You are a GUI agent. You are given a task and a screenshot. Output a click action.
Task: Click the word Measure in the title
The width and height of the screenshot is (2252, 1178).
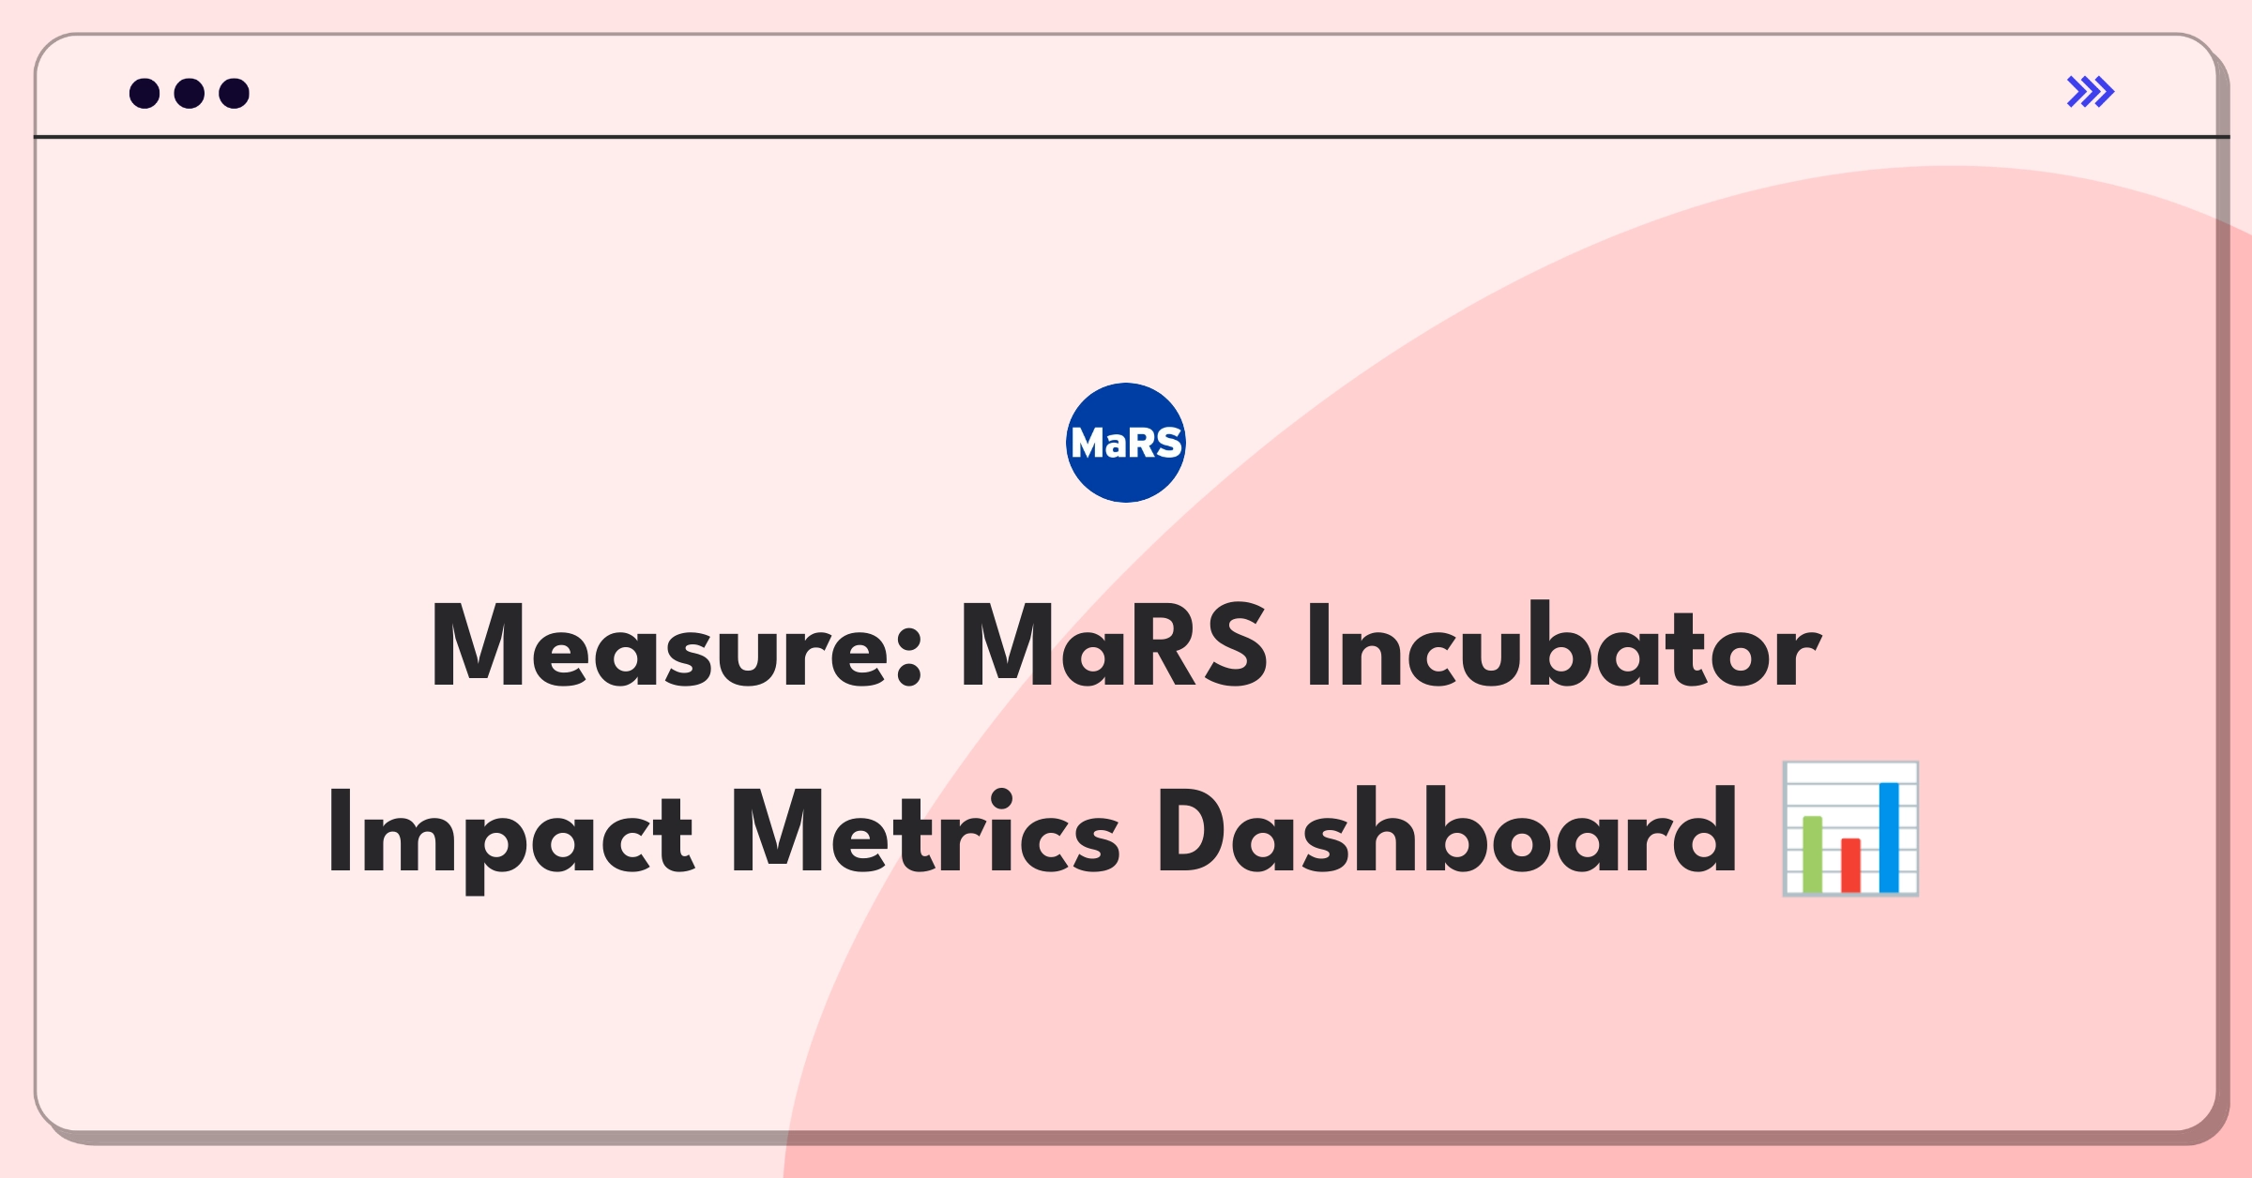click(677, 646)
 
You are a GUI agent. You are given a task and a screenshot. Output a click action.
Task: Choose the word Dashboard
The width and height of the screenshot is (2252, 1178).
click(1448, 831)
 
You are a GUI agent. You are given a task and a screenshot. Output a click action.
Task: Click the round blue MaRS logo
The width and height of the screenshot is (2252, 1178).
click(1126, 443)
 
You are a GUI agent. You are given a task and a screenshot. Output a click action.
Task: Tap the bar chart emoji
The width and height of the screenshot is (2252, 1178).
click(1850, 829)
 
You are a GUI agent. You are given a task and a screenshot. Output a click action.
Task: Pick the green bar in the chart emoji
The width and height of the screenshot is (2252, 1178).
click(1812, 854)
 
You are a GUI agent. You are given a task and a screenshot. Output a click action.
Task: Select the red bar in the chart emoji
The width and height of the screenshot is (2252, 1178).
click(1850, 866)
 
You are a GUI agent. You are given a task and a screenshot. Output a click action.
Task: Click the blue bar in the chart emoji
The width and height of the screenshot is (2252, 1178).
click(1889, 838)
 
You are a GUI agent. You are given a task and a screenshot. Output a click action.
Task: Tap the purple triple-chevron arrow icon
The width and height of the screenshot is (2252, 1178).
click(2091, 92)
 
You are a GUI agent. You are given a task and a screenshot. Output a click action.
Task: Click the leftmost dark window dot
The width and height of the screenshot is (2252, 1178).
click(145, 93)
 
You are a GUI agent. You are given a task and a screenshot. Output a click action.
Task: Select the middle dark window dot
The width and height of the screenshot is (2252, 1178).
click(190, 93)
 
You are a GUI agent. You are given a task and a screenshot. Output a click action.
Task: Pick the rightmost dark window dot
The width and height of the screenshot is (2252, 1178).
click(235, 93)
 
